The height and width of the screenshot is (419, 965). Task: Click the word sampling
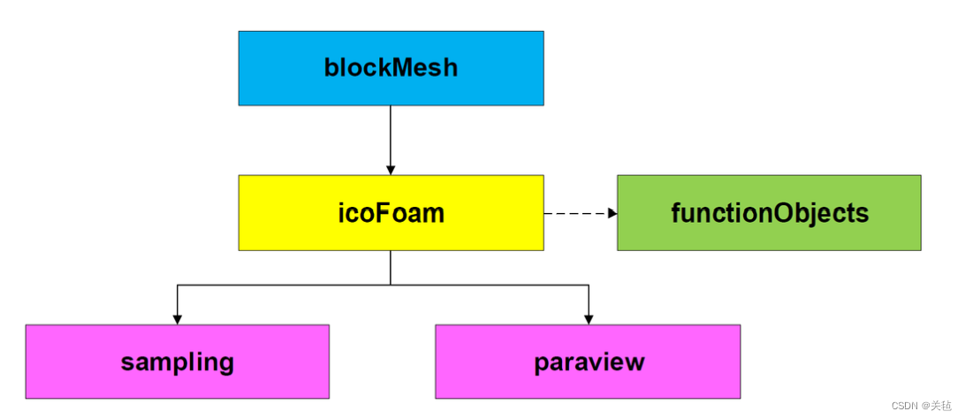[x=177, y=362]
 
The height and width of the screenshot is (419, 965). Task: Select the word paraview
[x=589, y=362]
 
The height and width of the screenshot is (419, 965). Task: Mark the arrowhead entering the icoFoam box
[x=391, y=169]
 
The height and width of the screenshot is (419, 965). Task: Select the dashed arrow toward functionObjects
[x=574, y=213]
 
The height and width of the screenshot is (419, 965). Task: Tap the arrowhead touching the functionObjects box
[x=611, y=213]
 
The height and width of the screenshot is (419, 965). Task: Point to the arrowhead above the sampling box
[x=178, y=318]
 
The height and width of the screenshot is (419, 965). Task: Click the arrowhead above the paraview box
[x=589, y=318]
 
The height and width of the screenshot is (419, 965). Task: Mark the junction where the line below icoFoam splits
[x=391, y=285]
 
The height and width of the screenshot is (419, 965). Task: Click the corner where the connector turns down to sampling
[x=178, y=285]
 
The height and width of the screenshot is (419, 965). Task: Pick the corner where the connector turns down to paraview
[x=589, y=285]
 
